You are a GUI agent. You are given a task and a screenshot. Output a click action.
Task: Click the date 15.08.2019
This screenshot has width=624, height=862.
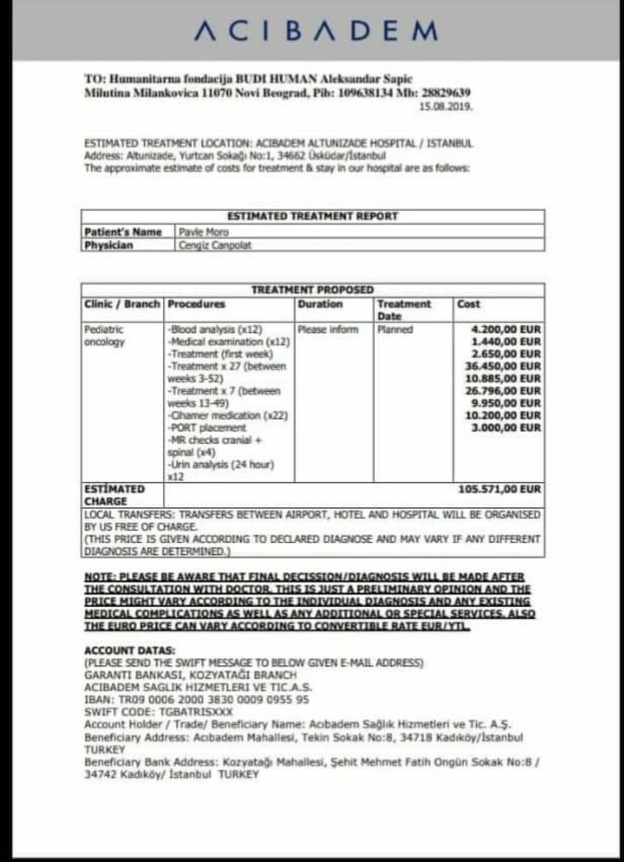click(446, 107)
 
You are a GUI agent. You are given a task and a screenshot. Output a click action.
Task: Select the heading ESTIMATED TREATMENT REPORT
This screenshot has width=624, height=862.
click(312, 217)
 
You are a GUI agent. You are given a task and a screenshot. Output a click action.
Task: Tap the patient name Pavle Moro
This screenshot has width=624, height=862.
click(203, 232)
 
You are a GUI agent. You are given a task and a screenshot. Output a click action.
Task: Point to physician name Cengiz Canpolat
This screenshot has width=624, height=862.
click(215, 245)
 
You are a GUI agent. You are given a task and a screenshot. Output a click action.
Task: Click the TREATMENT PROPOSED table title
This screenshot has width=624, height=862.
click(312, 290)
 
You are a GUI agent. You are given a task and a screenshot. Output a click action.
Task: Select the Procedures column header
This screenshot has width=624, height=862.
click(196, 304)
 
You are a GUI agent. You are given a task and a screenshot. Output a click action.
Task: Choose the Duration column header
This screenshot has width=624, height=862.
click(320, 304)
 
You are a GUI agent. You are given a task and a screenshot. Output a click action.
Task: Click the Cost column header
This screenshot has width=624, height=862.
click(469, 304)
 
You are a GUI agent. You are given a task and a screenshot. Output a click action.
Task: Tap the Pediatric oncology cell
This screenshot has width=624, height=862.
click(104, 336)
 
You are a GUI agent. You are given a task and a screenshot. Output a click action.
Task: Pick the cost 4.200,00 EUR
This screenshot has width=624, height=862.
click(506, 330)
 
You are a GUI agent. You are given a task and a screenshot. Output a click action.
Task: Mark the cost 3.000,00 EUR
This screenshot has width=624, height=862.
click(506, 428)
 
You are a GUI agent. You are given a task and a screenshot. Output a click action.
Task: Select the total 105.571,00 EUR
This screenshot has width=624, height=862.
click(499, 489)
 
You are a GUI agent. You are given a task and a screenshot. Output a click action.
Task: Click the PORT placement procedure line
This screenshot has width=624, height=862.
click(207, 428)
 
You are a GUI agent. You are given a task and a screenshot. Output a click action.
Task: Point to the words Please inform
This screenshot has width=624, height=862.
click(328, 330)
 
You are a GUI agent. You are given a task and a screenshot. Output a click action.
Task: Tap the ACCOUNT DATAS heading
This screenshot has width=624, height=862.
click(130, 650)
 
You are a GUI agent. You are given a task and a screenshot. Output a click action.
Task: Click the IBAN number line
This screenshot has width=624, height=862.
click(197, 700)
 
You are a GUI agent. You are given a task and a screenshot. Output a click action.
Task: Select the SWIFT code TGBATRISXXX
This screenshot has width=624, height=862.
click(196, 712)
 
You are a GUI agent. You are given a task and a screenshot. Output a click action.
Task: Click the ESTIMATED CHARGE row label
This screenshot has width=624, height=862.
click(114, 495)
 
